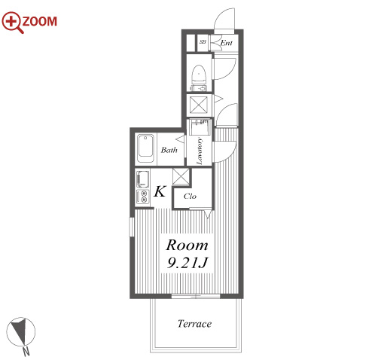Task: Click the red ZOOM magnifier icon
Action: (x=11, y=22)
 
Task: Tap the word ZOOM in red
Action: (x=40, y=21)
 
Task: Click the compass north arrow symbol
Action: (x=20, y=331)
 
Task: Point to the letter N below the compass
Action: (x=26, y=351)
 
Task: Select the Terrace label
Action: (x=194, y=324)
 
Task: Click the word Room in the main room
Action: (x=187, y=245)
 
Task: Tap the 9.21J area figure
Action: (x=187, y=263)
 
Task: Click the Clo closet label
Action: (x=190, y=196)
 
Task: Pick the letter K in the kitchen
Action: (x=160, y=191)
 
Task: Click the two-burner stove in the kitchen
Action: (x=142, y=197)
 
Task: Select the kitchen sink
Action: (x=142, y=178)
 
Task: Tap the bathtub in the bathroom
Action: (x=145, y=148)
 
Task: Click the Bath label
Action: (x=169, y=150)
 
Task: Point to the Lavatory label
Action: (x=200, y=151)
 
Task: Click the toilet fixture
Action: (x=199, y=78)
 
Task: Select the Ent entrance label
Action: (x=226, y=43)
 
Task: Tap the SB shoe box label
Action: (x=203, y=42)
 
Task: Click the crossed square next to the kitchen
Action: (x=181, y=176)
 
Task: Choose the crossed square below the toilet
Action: (x=199, y=105)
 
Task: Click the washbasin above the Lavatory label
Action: (x=199, y=127)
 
